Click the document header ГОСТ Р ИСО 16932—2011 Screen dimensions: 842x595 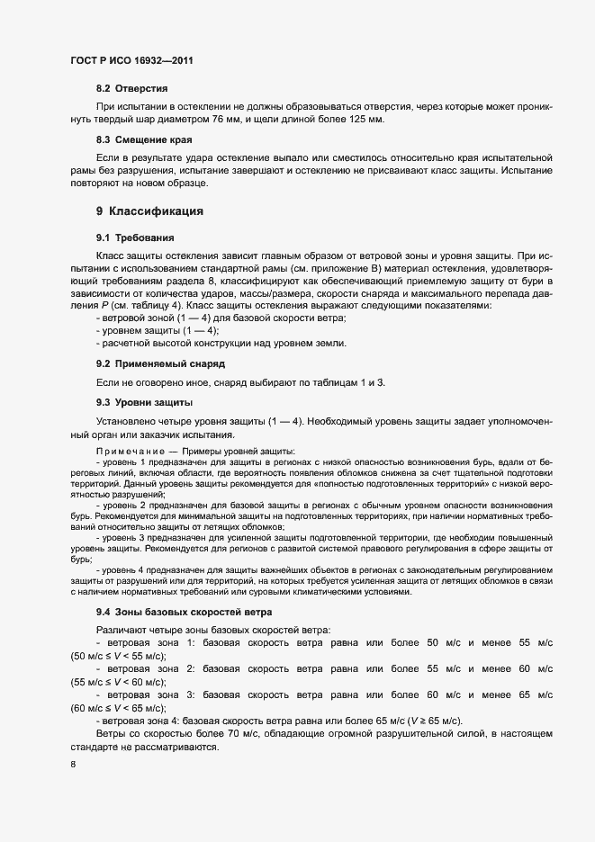click(x=133, y=60)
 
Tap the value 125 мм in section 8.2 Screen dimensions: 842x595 click(x=367, y=120)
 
